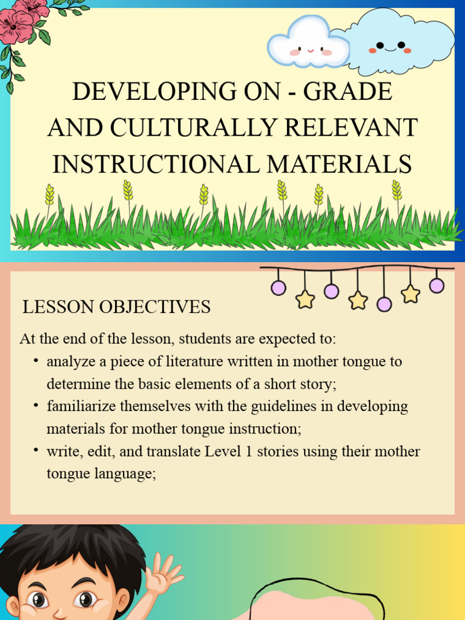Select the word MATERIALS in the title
(339, 164)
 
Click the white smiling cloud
(308, 42)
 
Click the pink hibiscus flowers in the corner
(24, 20)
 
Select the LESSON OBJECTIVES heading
(116, 307)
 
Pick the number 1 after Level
(249, 451)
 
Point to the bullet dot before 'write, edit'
(36, 450)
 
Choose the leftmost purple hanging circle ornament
(279, 288)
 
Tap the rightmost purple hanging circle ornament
(437, 285)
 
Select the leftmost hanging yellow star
(305, 299)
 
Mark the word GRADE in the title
(348, 91)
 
